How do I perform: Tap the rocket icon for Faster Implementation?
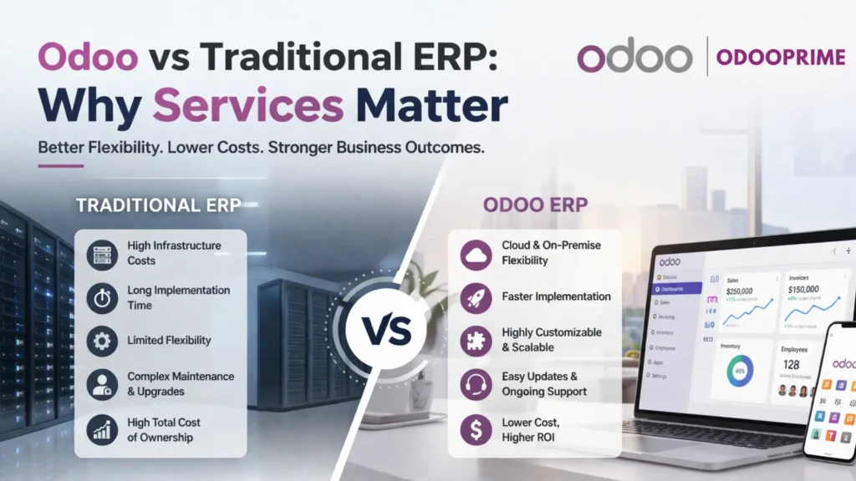coord(476,296)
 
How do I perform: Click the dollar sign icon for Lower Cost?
coord(476,429)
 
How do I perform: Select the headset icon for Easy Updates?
coord(476,384)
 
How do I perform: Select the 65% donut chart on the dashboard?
coord(741,370)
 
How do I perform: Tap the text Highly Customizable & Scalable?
coord(551,340)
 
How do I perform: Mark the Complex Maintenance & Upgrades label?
coord(180,384)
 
